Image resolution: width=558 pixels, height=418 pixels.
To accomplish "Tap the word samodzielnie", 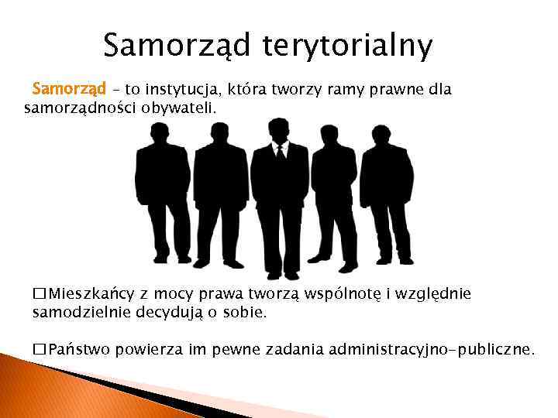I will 79,313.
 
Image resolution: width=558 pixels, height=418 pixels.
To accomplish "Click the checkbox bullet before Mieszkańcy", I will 39,294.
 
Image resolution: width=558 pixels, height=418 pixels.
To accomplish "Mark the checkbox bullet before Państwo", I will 39,349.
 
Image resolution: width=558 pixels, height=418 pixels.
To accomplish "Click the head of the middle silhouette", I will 277,130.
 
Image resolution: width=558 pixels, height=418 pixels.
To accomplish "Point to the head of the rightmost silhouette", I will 381,135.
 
